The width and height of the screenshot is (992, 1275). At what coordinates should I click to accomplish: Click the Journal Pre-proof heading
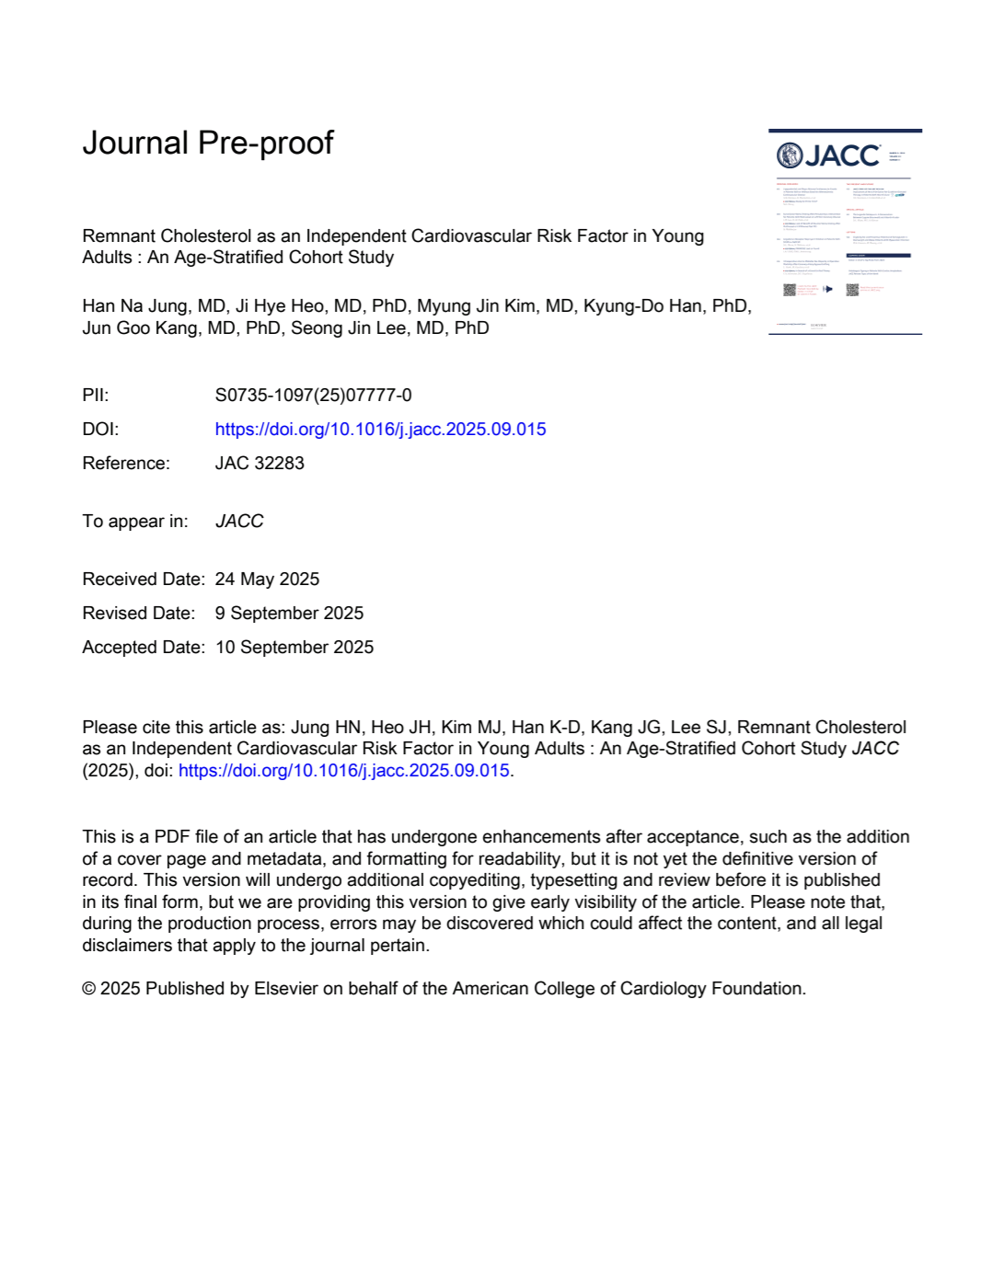(x=208, y=144)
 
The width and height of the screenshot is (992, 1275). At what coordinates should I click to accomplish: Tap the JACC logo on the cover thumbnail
(x=828, y=155)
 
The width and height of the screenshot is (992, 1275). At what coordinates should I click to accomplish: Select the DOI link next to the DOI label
(x=380, y=430)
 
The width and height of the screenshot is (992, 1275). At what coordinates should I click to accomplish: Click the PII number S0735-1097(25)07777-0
(x=313, y=396)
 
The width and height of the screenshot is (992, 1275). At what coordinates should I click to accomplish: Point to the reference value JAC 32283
(x=260, y=464)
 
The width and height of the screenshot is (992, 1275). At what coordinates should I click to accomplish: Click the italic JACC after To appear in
(x=239, y=522)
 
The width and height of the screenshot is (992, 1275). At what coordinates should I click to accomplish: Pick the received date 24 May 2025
(x=267, y=580)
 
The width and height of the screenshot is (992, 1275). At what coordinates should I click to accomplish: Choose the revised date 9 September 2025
(x=289, y=614)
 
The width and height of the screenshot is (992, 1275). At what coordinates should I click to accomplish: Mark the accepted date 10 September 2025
(x=294, y=648)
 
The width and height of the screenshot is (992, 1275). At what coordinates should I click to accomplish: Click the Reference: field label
(x=126, y=464)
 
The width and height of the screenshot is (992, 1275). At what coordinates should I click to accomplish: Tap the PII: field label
(x=96, y=396)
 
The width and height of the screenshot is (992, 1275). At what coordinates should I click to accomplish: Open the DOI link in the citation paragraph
(x=343, y=771)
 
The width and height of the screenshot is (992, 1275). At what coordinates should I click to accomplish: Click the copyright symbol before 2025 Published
(x=89, y=989)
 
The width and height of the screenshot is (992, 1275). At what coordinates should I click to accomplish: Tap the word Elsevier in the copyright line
(x=286, y=989)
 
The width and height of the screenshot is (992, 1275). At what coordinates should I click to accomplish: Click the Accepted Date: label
(x=144, y=648)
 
